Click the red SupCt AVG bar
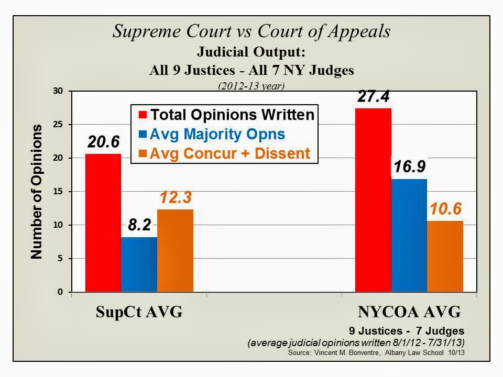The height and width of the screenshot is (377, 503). (x=103, y=223)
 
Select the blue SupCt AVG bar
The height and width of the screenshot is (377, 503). (x=139, y=264)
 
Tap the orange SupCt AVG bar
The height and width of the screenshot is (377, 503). (x=175, y=250)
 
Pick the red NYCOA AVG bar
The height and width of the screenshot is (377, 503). (x=373, y=199)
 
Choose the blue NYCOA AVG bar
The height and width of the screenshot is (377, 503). (x=409, y=235)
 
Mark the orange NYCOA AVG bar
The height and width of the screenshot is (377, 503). (x=445, y=256)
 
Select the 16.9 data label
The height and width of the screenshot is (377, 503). (x=409, y=168)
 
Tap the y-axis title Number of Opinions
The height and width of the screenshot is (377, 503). (x=36, y=192)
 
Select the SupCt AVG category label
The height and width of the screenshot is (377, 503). (x=139, y=313)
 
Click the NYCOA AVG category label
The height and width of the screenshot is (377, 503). (x=409, y=313)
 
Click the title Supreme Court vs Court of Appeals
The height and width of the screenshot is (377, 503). (x=251, y=31)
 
